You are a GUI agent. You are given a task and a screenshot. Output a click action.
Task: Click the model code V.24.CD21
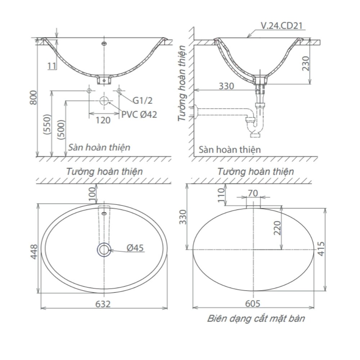click(282, 26)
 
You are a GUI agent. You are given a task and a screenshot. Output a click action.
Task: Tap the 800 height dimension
click(33, 98)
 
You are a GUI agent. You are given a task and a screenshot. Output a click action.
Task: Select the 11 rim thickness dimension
click(52, 66)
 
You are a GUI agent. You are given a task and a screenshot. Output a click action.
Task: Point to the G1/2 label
click(143, 100)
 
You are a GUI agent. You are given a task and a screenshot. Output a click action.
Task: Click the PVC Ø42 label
click(139, 114)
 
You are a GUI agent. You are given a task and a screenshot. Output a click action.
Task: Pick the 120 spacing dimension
click(103, 120)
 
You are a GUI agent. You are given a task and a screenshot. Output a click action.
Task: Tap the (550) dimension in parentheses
click(47, 124)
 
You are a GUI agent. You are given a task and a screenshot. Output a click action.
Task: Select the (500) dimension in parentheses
click(61, 130)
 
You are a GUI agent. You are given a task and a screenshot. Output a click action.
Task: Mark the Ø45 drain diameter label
click(135, 248)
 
